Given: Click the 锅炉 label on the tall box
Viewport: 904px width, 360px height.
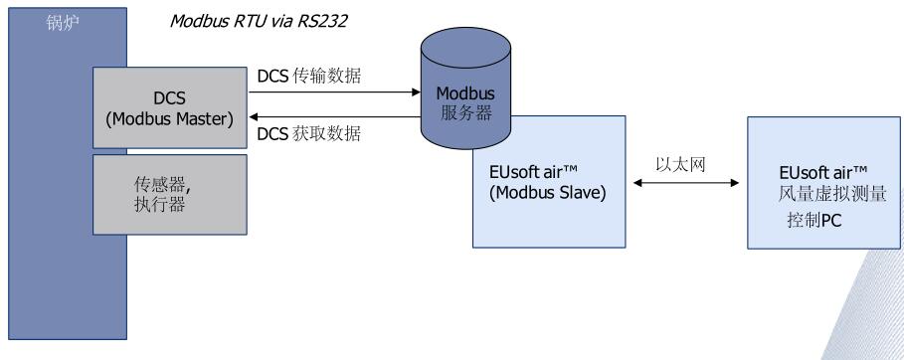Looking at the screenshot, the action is [63, 23].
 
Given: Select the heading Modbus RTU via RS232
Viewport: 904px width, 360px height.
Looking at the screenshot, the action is [259, 21].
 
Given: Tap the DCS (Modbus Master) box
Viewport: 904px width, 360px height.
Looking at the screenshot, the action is [170, 107].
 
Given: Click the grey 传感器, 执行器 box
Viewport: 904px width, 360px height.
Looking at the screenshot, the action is [170, 195].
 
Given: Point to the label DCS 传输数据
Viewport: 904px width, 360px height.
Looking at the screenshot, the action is [309, 77].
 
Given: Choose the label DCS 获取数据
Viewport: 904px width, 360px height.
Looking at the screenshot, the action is [309, 134].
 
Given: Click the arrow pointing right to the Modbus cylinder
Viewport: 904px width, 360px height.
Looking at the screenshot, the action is [335, 91].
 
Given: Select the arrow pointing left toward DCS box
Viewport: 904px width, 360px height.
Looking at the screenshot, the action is [335, 116].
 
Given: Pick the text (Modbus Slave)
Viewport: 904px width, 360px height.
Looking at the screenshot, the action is [548, 193].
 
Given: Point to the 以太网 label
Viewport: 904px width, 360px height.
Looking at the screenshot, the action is [681, 164].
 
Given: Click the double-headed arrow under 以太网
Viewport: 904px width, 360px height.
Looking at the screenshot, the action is [686, 183].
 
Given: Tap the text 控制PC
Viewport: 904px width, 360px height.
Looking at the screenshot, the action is [814, 220].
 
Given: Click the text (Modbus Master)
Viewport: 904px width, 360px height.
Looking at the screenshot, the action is [170, 119].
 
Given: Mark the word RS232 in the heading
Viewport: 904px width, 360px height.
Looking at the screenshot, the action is [322, 21].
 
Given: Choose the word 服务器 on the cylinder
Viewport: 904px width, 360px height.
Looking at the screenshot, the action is [466, 112].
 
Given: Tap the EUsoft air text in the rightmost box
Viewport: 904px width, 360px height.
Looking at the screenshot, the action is [823, 172].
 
